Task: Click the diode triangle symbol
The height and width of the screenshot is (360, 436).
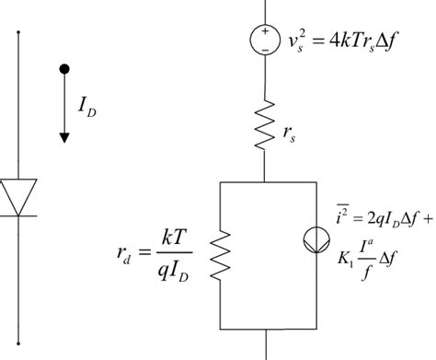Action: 20,194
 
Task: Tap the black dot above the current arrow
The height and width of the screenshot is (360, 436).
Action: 63,69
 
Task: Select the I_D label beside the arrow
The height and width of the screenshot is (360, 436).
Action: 86,111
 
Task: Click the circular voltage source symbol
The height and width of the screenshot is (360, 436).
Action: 265,38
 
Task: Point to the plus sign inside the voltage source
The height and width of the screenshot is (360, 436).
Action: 265,31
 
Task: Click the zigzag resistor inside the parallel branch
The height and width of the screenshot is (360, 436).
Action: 222,252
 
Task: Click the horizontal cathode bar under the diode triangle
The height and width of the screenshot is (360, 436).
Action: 20,215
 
